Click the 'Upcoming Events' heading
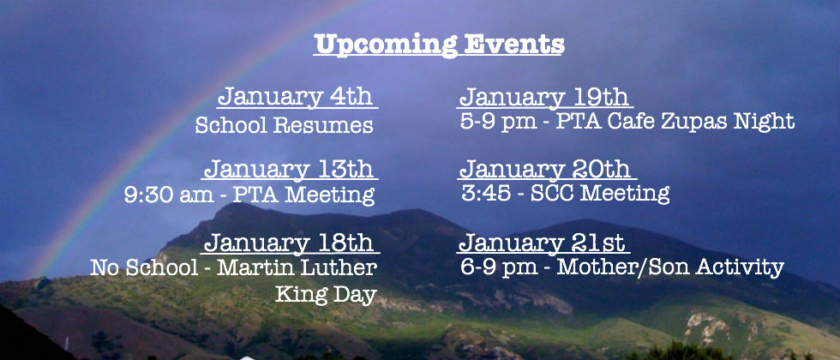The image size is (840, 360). (x=439, y=45)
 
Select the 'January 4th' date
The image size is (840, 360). (x=295, y=96)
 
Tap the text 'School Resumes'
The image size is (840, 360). (x=284, y=125)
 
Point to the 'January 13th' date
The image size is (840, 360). (x=289, y=169)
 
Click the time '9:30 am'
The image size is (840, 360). (x=169, y=195)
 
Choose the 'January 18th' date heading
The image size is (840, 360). (x=289, y=243)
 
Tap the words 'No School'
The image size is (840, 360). (x=144, y=267)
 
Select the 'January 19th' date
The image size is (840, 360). (x=544, y=97)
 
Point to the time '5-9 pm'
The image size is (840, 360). (x=498, y=122)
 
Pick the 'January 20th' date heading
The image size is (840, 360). (x=545, y=169)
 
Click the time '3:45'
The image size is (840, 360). (x=486, y=193)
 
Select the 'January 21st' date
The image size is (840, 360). (x=542, y=243)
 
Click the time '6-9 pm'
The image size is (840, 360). (x=499, y=267)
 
